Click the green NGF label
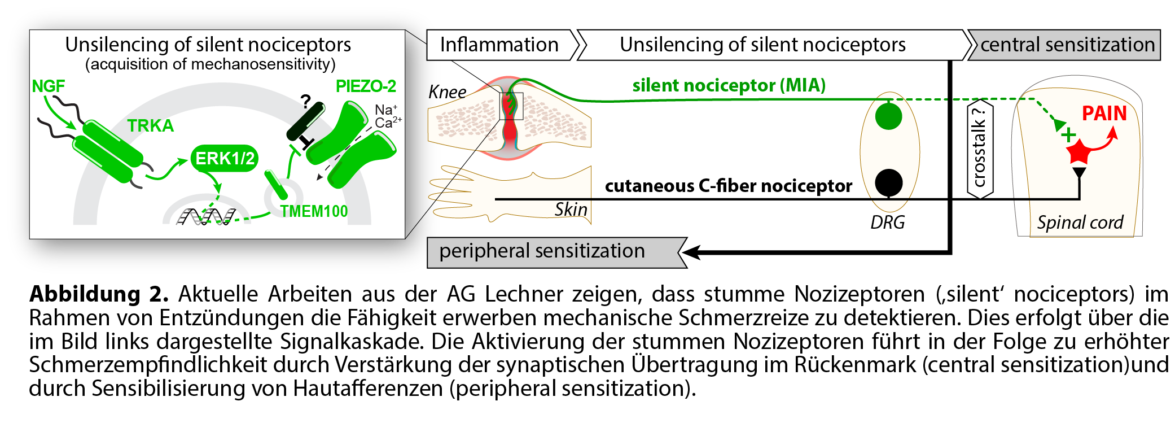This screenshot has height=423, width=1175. point(48,86)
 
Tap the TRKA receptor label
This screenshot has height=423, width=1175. point(150,125)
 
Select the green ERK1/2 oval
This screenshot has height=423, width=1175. point(225,158)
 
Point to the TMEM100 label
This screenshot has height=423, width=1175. point(314,211)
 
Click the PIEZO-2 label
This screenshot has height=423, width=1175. point(366,86)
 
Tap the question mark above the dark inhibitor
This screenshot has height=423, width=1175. point(305,102)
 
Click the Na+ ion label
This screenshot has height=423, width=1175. point(386,110)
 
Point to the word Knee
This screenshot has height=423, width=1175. point(447,91)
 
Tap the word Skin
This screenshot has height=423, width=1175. point(571,210)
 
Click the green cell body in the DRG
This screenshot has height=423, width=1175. point(888,116)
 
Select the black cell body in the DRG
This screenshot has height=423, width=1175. point(888,182)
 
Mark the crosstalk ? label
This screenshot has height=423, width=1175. point(980,148)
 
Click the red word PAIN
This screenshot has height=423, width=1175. point(1104,114)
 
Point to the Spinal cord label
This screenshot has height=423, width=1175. point(1080,223)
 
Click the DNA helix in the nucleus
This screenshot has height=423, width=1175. point(206,216)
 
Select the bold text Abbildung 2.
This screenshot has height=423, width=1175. point(99,294)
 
